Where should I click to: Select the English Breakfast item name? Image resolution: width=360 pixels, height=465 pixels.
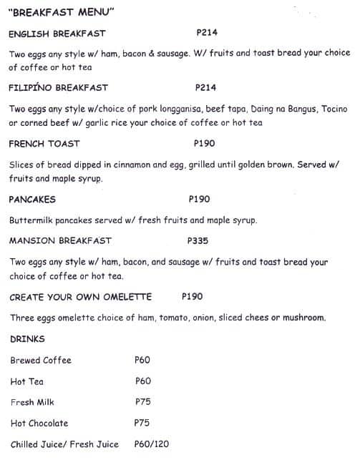57,34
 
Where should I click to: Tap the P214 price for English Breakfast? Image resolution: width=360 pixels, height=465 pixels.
206,33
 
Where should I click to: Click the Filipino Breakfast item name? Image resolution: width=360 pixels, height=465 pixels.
58,88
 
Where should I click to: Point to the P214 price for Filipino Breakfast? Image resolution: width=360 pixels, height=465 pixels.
205,88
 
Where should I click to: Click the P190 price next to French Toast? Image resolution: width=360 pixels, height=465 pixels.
204,144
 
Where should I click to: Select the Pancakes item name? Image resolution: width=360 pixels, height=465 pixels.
32,200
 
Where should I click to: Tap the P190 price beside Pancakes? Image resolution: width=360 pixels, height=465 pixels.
199,200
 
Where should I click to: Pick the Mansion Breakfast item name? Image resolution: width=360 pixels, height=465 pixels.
60,241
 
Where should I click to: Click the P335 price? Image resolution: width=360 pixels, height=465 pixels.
198,241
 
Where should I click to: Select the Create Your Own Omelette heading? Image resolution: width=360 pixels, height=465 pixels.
81,297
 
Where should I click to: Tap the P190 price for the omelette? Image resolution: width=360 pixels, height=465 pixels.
193,296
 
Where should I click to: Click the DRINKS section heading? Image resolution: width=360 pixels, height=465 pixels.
28,339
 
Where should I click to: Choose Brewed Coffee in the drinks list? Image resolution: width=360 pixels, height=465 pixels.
41,361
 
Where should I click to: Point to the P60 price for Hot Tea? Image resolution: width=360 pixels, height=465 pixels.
142,381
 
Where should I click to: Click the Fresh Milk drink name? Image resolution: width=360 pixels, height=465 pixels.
32,402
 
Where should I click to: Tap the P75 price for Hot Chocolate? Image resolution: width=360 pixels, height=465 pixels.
142,423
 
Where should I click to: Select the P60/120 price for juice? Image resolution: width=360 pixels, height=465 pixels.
152,444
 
